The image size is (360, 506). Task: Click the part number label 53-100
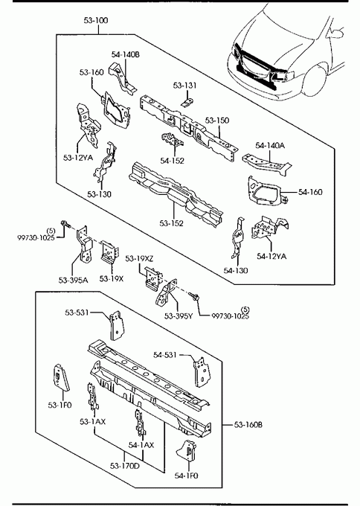point(96,20)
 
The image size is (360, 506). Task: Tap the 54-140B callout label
point(126,54)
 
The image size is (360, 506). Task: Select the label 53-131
point(184,86)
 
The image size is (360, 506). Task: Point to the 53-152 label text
point(171,223)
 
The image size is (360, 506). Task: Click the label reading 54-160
point(310,192)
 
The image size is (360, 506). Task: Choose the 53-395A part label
point(73,280)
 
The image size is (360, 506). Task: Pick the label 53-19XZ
point(139,258)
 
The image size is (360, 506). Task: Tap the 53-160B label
point(248,425)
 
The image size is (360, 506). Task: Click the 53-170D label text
point(125,466)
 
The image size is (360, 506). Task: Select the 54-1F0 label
point(187,475)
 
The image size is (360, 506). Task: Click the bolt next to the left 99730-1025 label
point(65,224)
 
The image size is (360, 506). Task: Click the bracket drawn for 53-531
point(116,325)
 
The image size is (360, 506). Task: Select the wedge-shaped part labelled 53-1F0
point(61,377)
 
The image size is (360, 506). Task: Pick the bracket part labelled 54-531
point(202,371)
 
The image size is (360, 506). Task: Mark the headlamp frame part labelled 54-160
point(264,191)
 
